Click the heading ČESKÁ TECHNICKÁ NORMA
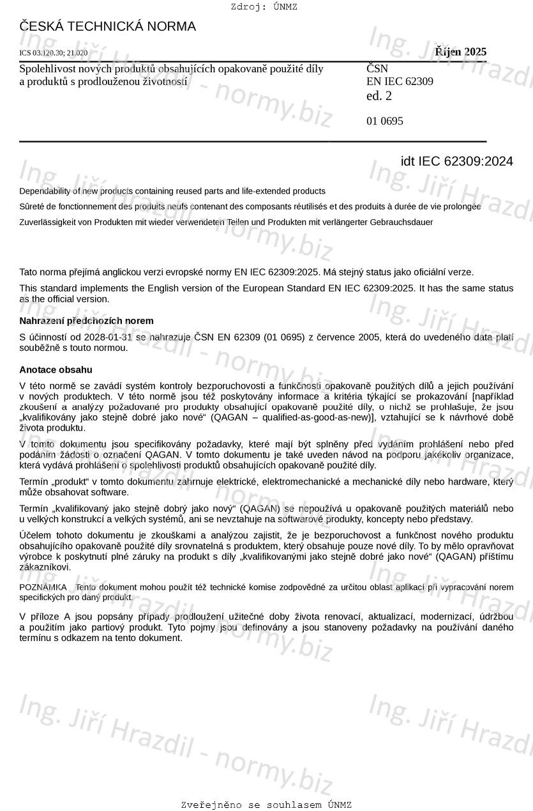point(107,27)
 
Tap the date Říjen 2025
point(460,52)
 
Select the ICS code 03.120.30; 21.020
point(54,53)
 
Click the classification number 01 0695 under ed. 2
point(384,121)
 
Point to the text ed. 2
point(379,96)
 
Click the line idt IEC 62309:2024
point(456,161)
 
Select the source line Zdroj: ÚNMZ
point(264,7)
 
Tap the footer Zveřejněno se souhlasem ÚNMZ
point(266,805)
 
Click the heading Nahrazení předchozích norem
point(86,321)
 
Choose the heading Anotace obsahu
point(56,369)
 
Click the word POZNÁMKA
point(43,587)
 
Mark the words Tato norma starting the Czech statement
point(43,272)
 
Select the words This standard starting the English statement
point(49,288)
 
